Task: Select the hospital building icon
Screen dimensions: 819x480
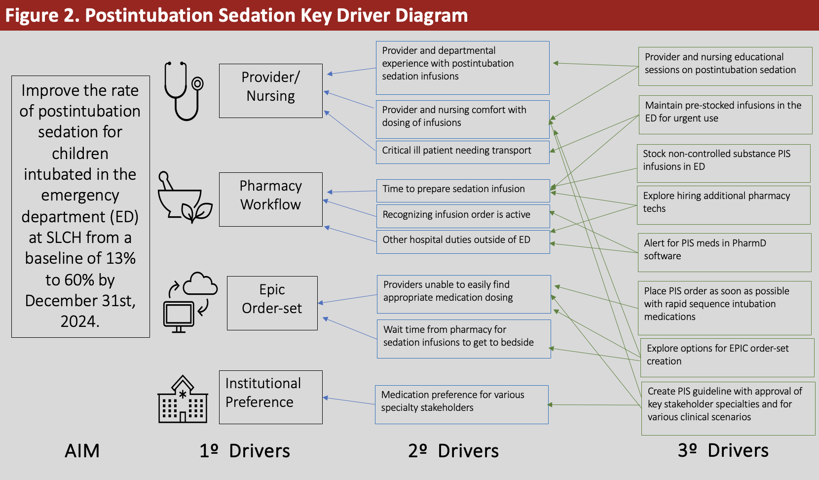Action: point(183,399)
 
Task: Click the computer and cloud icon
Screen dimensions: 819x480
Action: point(190,302)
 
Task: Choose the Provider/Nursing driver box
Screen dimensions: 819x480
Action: point(270,91)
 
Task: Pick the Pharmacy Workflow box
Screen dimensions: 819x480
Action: point(270,200)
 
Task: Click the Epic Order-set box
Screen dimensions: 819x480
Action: point(272,303)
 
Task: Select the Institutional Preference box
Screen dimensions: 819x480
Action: point(270,398)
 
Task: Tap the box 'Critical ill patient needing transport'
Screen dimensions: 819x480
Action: point(462,152)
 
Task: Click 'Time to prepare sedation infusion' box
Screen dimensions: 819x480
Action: point(463,191)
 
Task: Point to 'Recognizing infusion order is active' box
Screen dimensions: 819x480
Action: point(463,216)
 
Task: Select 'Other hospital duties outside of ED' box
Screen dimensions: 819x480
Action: point(463,242)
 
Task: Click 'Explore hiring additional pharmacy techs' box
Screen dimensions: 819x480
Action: point(724,205)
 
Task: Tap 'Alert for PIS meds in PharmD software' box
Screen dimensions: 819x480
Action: point(725,252)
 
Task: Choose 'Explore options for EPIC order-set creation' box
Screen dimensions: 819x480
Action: point(727,358)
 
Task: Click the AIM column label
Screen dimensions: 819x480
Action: point(82,450)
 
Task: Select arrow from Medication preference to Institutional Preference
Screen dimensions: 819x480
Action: point(349,401)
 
